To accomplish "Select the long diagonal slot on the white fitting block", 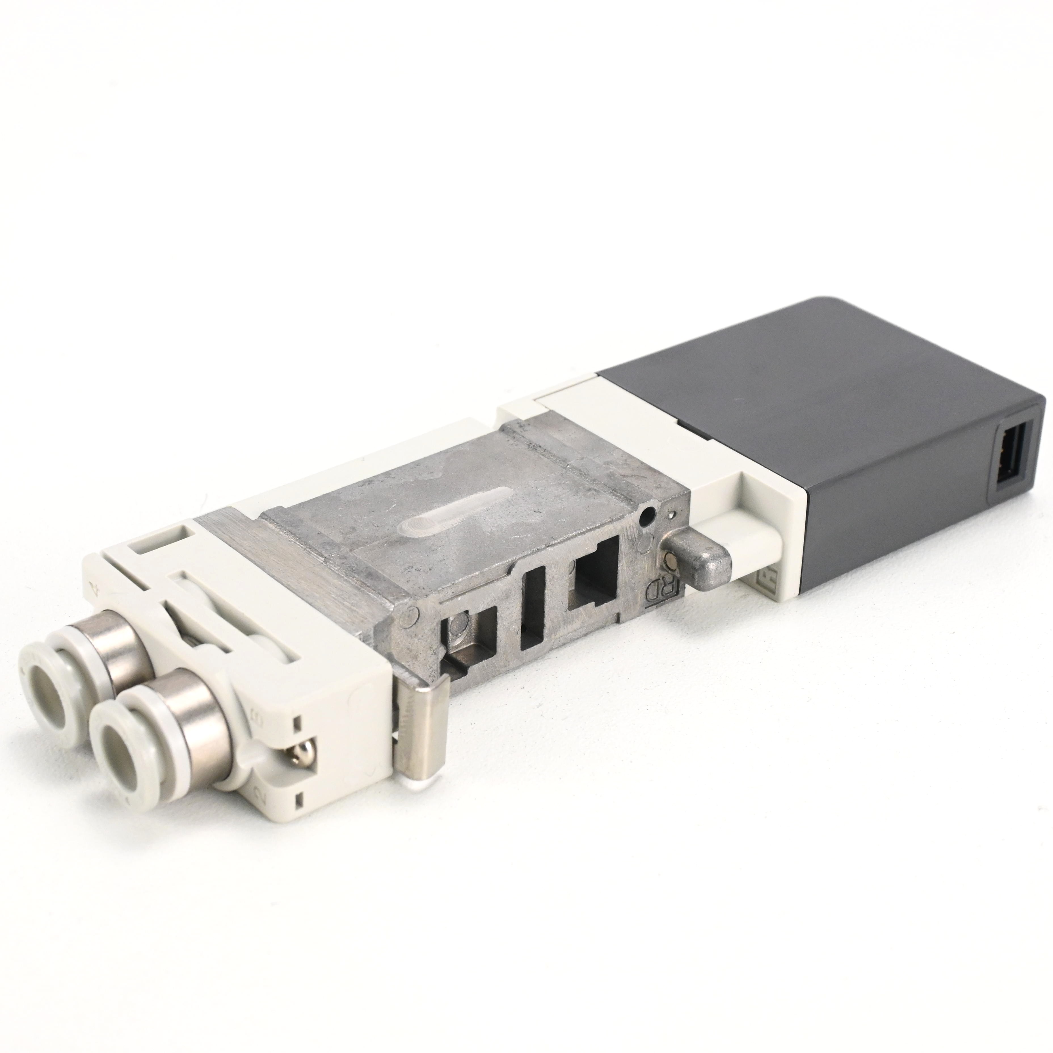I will coord(212,616).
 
